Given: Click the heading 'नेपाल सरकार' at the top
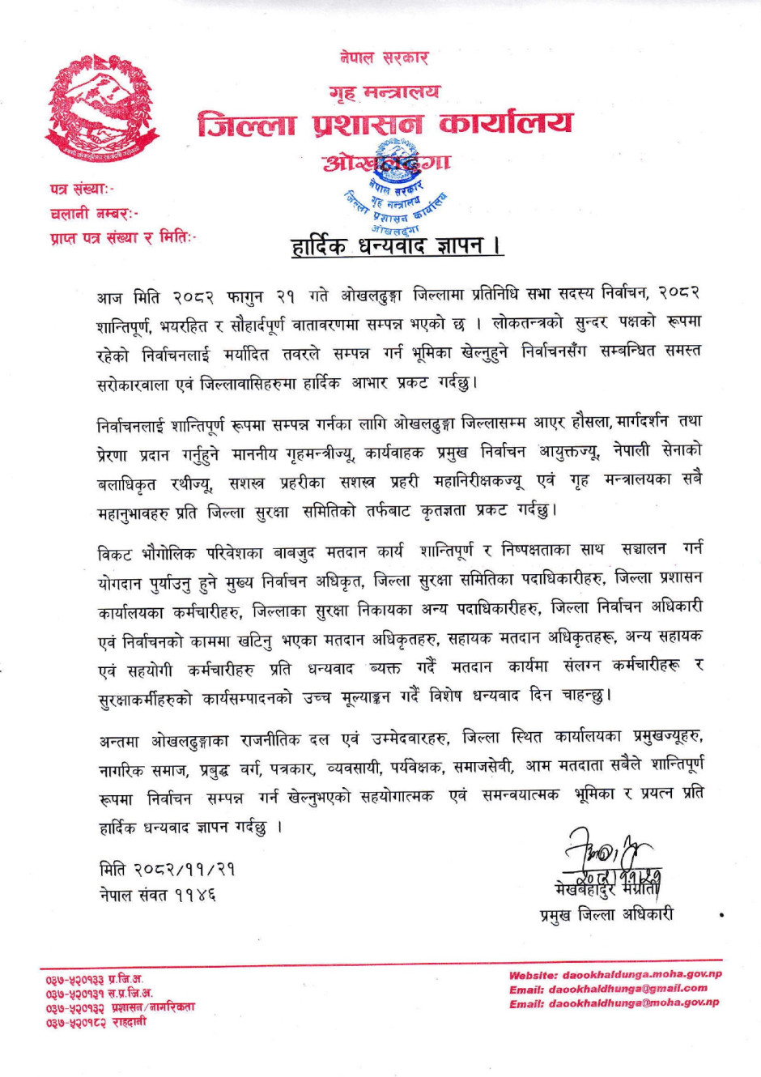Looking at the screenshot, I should [x=384, y=58].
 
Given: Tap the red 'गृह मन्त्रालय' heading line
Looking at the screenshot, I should [x=385, y=92].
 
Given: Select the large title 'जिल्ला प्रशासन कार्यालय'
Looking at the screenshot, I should [x=385, y=124].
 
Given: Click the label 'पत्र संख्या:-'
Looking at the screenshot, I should [x=82, y=189].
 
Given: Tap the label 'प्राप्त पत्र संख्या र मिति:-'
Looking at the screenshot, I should [x=123, y=238].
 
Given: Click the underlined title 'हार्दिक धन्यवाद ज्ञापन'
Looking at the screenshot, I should [x=397, y=246].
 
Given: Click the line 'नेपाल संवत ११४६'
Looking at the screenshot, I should [x=158, y=896].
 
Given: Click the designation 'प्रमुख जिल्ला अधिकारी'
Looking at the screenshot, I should [x=606, y=915].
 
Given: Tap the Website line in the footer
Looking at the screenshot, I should [x=614, y=975].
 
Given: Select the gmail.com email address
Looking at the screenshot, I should [x=608, y=989].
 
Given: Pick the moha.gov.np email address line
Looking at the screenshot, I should [x=614, y=1003].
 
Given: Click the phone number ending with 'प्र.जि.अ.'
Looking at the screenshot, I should [x=95, y=980].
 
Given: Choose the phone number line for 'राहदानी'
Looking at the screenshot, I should [x=96, y=1022].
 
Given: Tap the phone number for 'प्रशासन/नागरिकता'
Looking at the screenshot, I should [x=120, y=1008].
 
